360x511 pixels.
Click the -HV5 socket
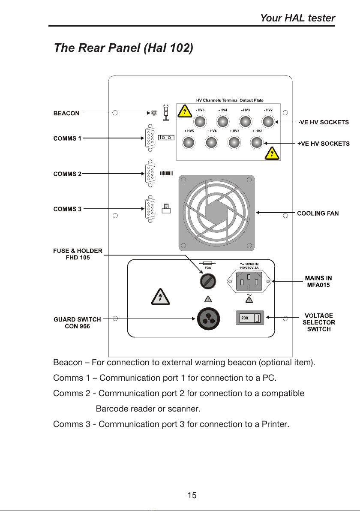(200, 122)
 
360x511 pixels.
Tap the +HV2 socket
(257, 142)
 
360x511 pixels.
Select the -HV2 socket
(268, 122)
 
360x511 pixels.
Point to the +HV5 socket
(188, 142)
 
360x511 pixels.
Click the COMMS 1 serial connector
(150, 138)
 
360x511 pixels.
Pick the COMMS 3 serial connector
(150, 209)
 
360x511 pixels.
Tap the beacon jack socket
(154, 113)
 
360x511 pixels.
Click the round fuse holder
(208, 281)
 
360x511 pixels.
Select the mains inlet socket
(249, 281)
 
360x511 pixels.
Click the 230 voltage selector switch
(250, 318)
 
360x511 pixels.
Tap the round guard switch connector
(209, 319)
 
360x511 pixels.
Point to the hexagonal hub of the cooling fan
(217, 213)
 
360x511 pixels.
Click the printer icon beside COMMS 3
(166, 209)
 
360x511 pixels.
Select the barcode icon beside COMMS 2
(166, 173)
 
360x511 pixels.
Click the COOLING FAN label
(318, 213)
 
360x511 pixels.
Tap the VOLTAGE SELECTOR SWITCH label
(318, 322)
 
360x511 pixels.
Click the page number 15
(192, 496)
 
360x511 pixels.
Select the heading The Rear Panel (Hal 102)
(124, 48)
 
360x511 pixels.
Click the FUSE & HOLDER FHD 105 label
(78, 254)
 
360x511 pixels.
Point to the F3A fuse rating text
(208, 268)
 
